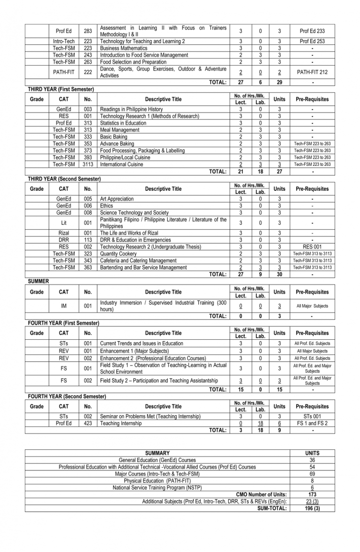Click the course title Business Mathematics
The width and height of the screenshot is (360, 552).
[x=124, y=48]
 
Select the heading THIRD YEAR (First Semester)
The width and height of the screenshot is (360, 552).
[x=61, y=89]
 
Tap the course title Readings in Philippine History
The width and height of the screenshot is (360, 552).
[x=132, y=109]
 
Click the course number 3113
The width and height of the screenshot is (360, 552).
[x=88, y=164]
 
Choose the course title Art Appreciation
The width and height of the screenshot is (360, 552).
[x=117, y=199]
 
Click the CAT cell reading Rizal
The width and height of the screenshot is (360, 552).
[x=64, y=233]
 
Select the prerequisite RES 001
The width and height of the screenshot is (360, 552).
[x=312, y=246]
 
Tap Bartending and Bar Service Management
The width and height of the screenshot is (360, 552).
[x=147, y=268]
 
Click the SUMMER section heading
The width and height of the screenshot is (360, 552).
[x=38, y=281]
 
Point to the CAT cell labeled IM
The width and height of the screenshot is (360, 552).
[x=64, y=306]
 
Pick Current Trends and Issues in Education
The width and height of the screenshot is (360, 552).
[x=142, y=343]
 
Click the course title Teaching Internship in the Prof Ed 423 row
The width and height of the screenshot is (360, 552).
[x=120, y=423]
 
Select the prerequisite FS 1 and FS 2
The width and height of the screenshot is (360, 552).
[x=312, y=423]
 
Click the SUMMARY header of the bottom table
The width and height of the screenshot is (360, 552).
[x=157, y=453]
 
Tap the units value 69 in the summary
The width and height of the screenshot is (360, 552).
[x=312, y=474]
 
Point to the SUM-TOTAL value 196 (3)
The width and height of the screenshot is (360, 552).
[x=312, y=508]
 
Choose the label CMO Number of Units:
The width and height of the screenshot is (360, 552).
[x=262, y=495]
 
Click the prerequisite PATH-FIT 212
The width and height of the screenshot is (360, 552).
[x=312, y=72]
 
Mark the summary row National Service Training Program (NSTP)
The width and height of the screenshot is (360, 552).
[x=157, y=488]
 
